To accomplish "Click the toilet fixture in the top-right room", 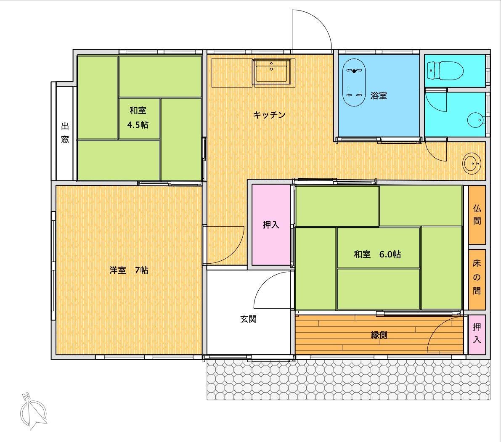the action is (x=445, y=71).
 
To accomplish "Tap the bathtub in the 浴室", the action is (x=354, y=82).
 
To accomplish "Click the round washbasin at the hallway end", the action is (x=472, y=164).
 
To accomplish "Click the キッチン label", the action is (x=269, y=115).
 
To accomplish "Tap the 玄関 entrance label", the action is (x=248, y=319).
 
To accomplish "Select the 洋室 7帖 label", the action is (x=129, y=270).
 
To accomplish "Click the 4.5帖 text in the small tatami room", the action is (x=138, y=124).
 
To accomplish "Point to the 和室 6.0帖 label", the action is (x=377, y=254).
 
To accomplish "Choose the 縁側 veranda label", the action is (x=379, y=335).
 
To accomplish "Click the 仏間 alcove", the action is (x=477, y=215).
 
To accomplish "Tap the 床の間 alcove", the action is (x=477, y=279).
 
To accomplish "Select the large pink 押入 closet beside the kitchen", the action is (x=271, y=225).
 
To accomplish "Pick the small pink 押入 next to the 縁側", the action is (x=477, y=334).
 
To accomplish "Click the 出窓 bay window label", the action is (x=65, y=132).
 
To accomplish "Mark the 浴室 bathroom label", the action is (x=379, y=95).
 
